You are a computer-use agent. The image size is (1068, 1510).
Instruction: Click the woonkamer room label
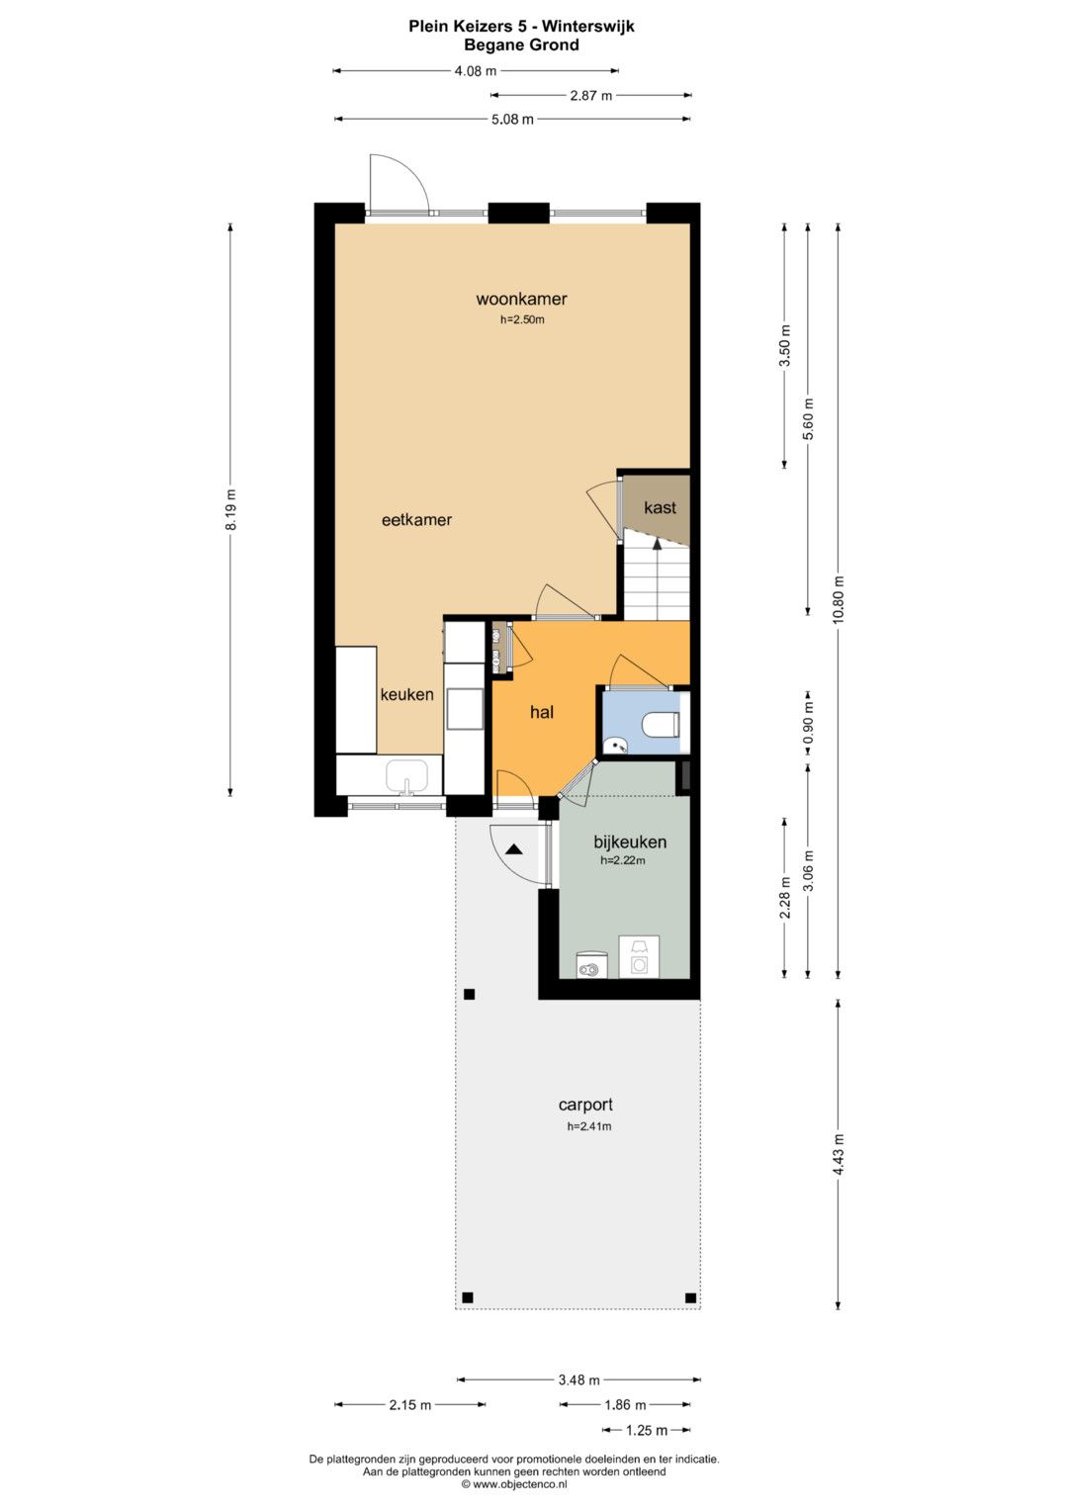tap(521, 299)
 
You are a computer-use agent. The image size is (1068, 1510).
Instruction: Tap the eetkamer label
tap(416, 520)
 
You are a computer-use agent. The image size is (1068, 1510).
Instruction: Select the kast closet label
tap(660, 507)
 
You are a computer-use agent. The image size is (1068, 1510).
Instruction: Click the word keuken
tap(406, 694)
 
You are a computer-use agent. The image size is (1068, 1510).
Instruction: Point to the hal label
tap(542, 712)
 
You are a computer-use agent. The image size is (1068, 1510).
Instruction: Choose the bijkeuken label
tap(630, 842)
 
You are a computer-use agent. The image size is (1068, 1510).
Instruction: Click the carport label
tap(585, 1105)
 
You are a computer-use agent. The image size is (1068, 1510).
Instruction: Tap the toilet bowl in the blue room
tap(660, 725)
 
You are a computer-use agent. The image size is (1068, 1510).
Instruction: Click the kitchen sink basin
tap(407, 776)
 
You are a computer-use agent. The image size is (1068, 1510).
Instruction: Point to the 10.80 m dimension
tap(839, 600)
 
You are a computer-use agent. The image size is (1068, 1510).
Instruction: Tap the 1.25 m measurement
tap(647, 1430)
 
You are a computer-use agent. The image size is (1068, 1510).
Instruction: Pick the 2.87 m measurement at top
tap(590, 96)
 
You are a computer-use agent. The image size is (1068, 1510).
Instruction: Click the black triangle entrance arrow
tap(514, 849)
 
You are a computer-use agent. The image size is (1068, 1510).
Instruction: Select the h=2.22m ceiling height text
tap(623, 860)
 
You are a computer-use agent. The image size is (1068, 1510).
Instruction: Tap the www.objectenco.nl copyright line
tap(514, 1483)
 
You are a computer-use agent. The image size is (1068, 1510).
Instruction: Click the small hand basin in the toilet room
tap(615, 745)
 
